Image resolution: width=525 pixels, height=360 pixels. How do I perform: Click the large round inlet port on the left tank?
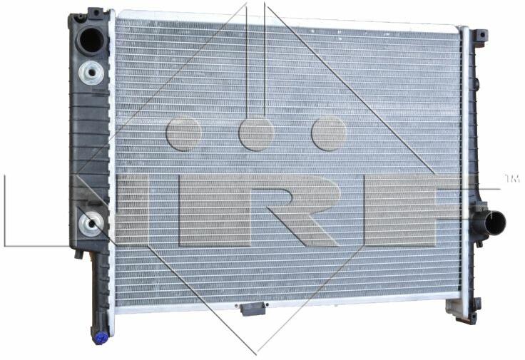tap(91, 41)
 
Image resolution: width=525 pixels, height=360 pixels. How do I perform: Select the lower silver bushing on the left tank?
tap(91, 224)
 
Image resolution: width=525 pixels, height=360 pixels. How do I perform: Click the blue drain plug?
tap(100, 338)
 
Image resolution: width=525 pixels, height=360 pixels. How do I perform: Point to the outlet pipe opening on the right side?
tap(495, 223)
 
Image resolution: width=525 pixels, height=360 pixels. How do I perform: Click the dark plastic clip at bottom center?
tap(253, 309)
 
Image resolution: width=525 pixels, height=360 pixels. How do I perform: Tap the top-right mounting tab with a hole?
tap(481, 36)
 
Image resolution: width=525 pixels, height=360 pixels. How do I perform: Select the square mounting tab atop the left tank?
tap(96, 13)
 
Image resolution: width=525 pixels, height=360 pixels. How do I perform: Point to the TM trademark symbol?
tap(511, 179)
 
